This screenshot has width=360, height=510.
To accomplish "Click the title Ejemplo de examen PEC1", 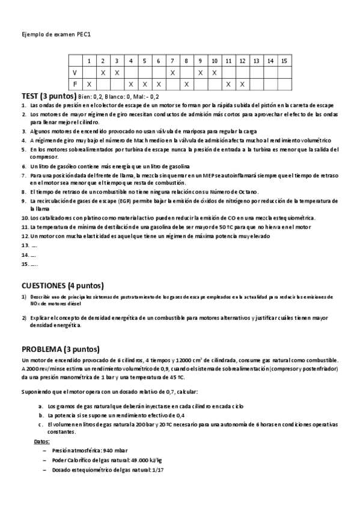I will pos(56,34).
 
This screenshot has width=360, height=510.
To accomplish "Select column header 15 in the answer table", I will pos(284,61).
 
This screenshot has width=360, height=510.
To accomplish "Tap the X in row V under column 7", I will pos(172,72).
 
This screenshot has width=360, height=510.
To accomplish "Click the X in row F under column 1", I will pos(89,84).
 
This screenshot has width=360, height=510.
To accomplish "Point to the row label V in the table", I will pos(75,72).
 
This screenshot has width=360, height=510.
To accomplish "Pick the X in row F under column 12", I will pos(242,84).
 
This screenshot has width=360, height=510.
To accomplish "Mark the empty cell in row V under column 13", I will pos(256,72).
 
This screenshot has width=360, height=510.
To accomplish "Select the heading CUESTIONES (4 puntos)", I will pos(63,285).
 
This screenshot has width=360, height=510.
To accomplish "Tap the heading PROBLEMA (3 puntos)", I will pos(61,349).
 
